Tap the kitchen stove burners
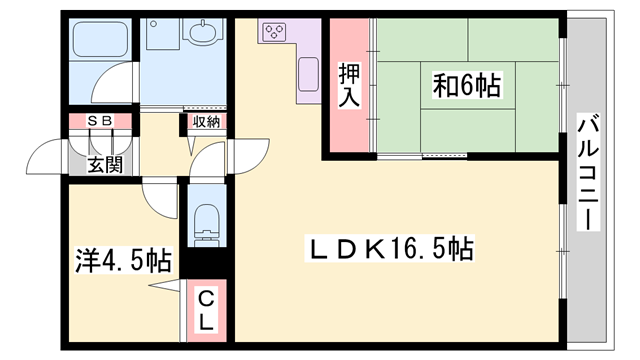(273, 32)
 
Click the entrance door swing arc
(47, 153)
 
